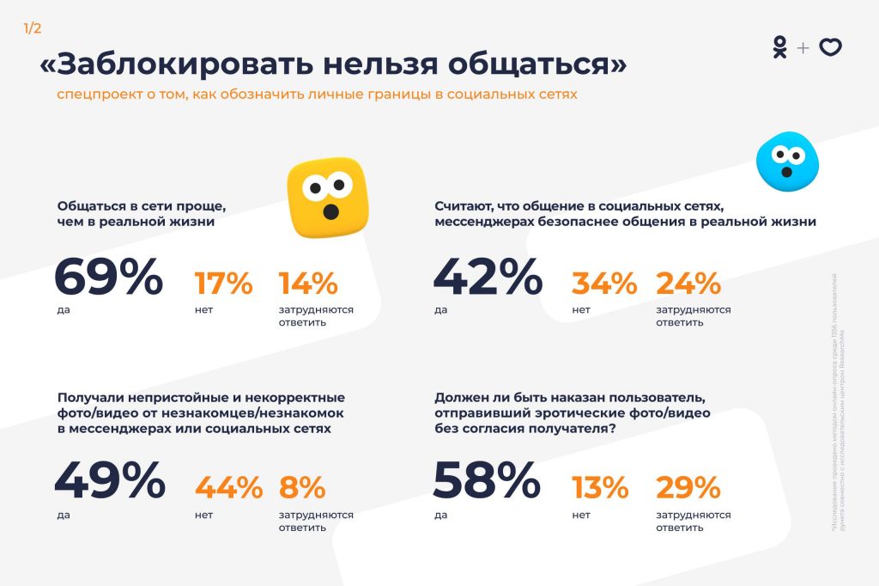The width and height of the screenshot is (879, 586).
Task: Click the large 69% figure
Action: [x=108, y=277]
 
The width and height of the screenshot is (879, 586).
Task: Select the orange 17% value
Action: [x=223, y=283]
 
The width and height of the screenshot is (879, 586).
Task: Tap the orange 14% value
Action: [x=308, y=283]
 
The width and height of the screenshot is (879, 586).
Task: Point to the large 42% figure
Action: [x=487, y=277]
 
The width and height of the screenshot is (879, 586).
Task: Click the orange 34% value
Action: [x=604, y=283]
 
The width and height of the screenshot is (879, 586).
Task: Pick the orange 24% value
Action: [x=688, y=283]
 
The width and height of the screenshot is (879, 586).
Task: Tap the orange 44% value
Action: [x=228, y=488]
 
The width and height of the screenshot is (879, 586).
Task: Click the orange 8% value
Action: [x=302, y=488]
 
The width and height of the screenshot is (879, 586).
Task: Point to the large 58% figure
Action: [x=487, y=481]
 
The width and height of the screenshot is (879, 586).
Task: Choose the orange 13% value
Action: [x=600, y=488]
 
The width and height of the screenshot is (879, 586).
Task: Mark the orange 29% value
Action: [x=688, y=488]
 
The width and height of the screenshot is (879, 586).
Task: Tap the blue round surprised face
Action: [x=786, y=161]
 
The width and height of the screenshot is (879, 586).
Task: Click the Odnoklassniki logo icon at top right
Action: [x=779, y=48]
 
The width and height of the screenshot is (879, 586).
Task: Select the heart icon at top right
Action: [x=830, y=48]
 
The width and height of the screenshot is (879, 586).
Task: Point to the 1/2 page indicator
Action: [x=33, y=28]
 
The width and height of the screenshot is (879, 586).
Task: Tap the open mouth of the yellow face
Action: [x=329, y=210]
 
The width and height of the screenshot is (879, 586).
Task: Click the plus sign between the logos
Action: [x=803, y=48]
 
